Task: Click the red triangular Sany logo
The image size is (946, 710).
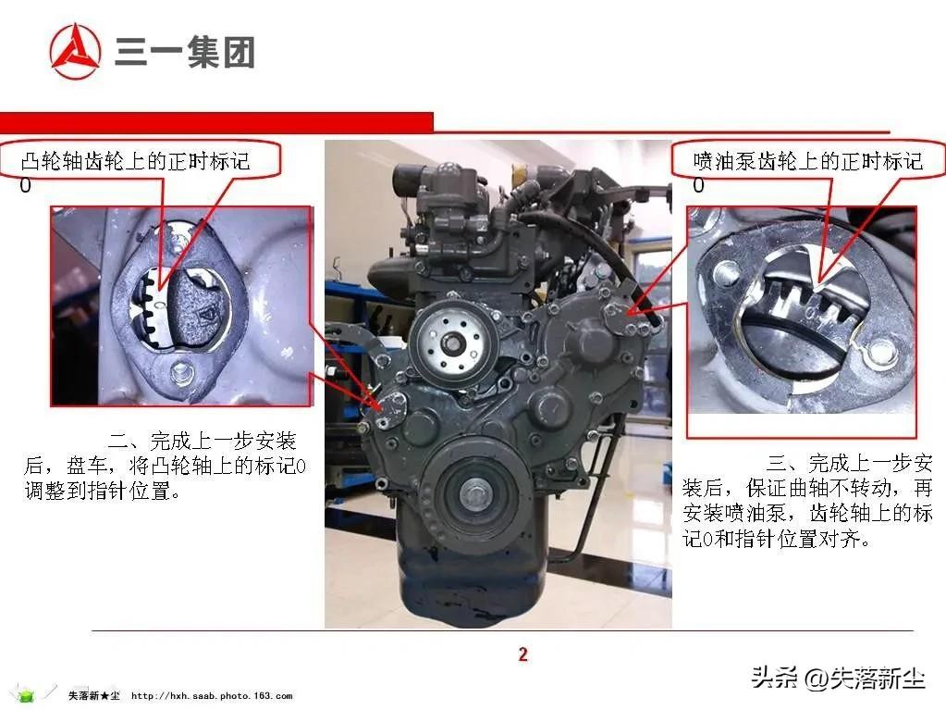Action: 75,51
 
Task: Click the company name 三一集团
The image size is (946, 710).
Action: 185,52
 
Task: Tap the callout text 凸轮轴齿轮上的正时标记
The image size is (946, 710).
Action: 135,161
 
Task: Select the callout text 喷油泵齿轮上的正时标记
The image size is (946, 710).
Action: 808,161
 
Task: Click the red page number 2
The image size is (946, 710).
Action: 522,654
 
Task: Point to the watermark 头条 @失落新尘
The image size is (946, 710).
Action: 838,678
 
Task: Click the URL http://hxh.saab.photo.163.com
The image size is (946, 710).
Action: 212,696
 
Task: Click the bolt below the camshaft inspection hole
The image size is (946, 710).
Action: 179,370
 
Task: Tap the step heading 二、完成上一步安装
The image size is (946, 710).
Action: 203,441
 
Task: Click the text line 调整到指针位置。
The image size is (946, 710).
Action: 103,491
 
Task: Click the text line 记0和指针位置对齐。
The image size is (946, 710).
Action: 778,538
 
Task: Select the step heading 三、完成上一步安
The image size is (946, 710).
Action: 850,464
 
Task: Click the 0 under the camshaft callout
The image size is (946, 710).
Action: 25,185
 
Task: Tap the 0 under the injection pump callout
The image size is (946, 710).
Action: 698,185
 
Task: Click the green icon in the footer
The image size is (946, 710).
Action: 25,694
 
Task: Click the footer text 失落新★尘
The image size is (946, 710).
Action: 94,695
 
